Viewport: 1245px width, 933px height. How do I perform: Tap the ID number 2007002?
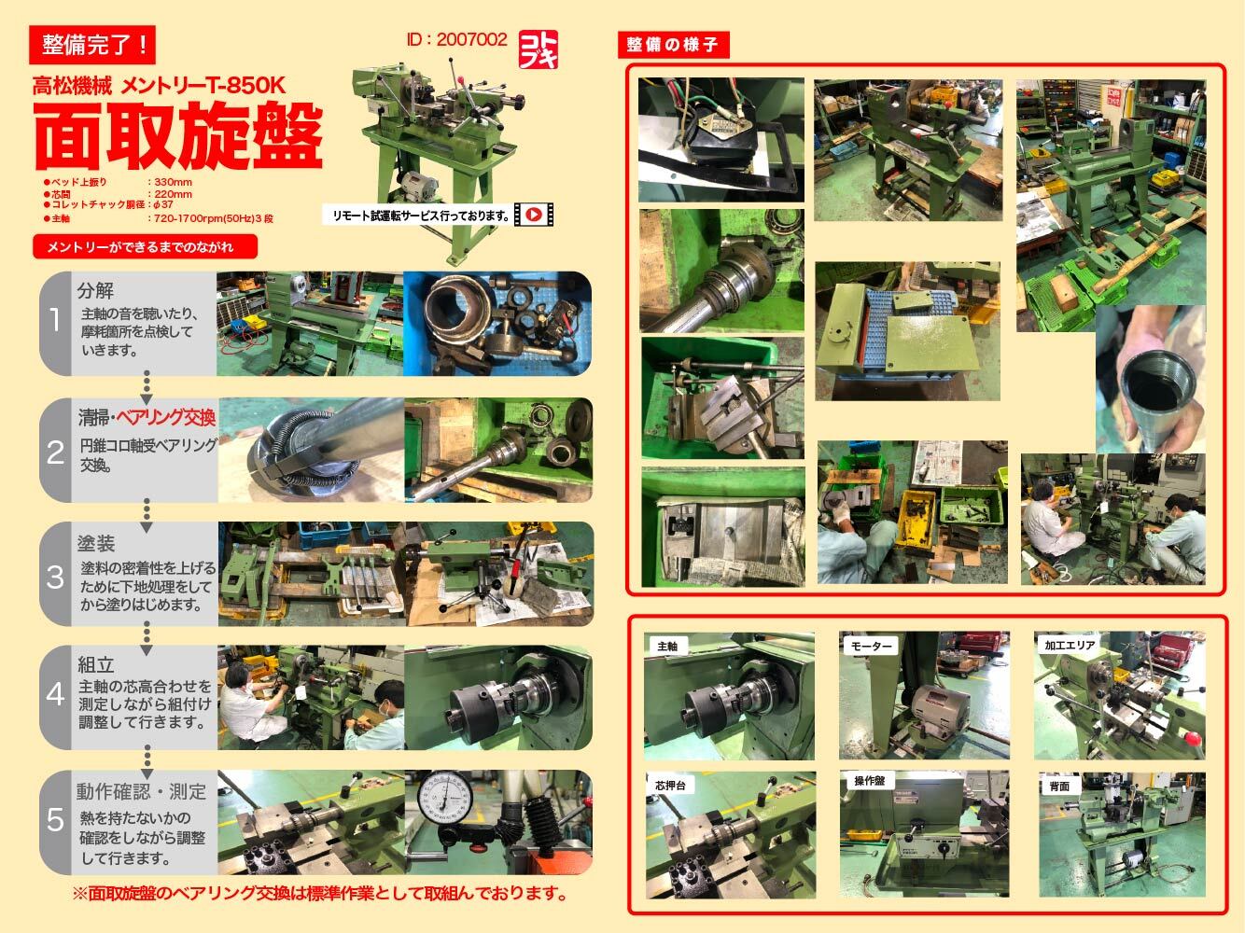pyautogui.click(x=457, y=39)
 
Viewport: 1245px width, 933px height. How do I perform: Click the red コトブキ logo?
pyautogui.click(x=539, y=49)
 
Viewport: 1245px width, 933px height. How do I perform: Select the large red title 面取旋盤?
pyautogui.click(x=178, y=133)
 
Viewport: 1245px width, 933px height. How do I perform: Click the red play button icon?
pyautogui.click(x=533, y=215)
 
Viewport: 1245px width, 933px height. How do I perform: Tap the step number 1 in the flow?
pyautogui.click(x=55, y=322)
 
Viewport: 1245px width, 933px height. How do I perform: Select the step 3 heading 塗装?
pyautogui.click(x=96, y=543)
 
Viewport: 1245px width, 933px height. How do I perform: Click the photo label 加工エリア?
pyautogui.click(x=1070, y=645)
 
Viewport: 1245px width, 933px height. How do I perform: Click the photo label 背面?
pyautogui.click(x=1058, y=787)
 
